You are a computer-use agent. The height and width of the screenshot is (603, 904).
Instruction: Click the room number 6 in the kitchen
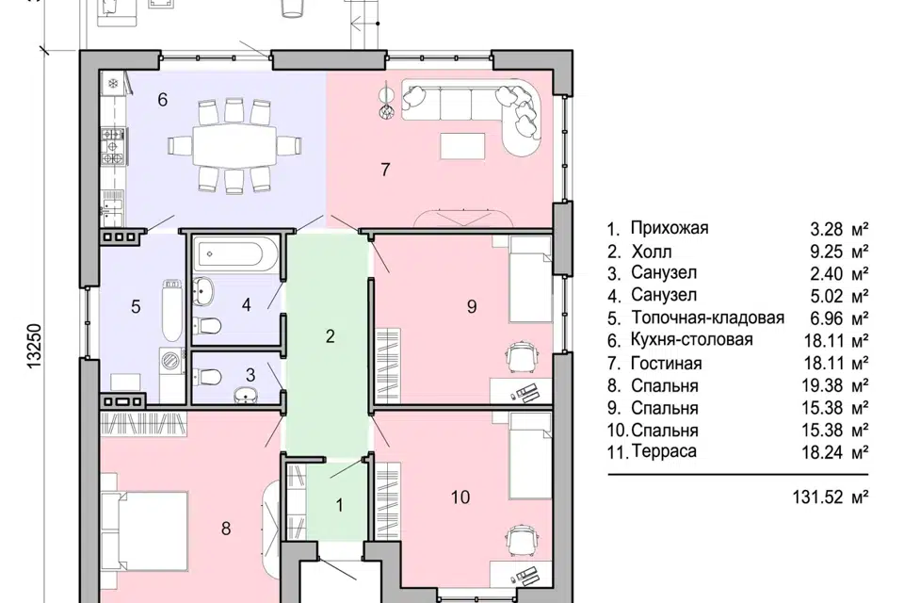(163, 100)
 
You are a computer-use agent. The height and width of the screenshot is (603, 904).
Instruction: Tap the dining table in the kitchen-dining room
(234, 145)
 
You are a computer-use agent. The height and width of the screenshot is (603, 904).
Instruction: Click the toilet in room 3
(207, 377)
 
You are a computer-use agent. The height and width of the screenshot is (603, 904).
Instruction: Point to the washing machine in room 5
(171, 361)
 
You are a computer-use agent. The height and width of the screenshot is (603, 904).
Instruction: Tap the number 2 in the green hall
(330, 336)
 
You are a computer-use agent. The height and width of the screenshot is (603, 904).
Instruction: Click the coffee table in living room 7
(462, 145)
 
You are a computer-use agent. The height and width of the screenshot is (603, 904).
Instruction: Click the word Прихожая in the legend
(670, 228)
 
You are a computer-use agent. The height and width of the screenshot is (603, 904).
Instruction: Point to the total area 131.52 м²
(831, 497)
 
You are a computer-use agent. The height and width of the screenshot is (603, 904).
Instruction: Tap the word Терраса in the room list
(664, 451)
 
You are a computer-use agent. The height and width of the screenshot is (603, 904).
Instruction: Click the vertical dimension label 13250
(35, 345)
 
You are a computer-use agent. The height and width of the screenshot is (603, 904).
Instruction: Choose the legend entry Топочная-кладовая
(708, 318)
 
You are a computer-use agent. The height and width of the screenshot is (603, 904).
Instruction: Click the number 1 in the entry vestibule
(340, 505)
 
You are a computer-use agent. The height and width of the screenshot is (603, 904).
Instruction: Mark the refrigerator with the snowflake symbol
(114, 84)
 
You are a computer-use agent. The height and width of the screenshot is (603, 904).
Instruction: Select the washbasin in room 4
(202, 289)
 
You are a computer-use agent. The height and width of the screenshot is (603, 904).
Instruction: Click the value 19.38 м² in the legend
(835, 385)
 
